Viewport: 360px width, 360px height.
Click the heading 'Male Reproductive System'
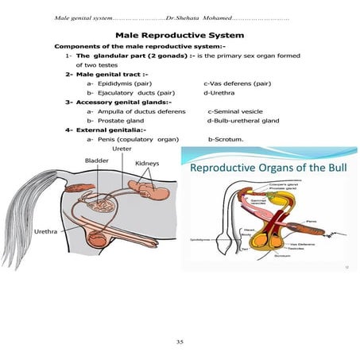click(180, 36)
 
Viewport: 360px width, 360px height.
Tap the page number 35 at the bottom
click(180, 342)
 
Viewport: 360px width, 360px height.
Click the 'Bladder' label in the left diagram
click(96, 161)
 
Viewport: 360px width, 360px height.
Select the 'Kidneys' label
click(147, 164)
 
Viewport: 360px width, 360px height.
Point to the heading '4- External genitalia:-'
click(108, 130)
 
